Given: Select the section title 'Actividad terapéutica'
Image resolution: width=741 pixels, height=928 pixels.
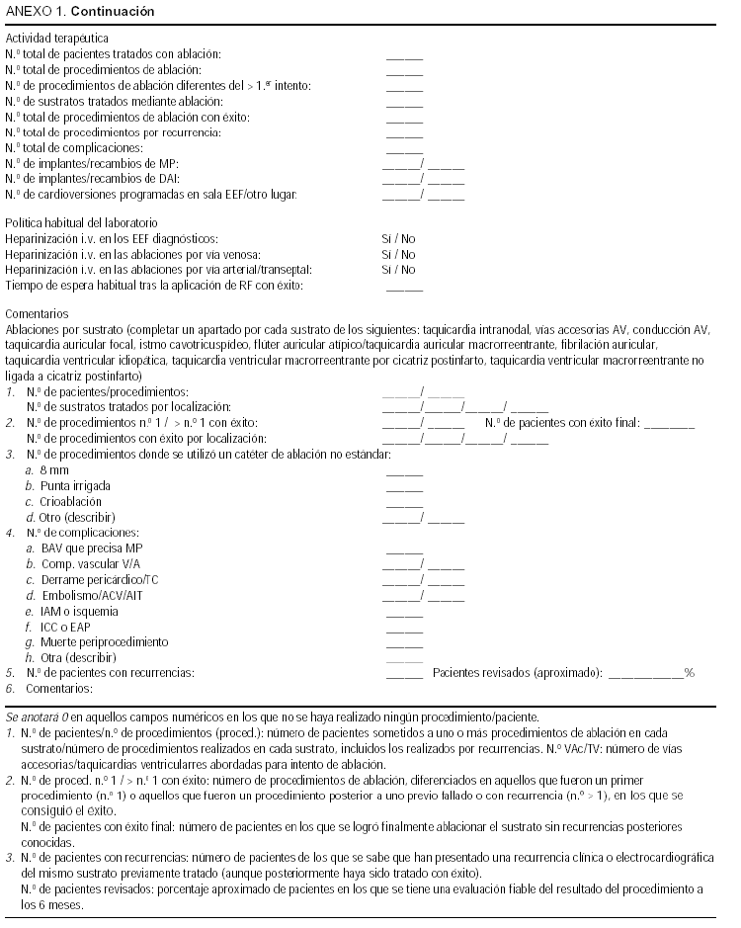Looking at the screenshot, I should (x=57, y=38).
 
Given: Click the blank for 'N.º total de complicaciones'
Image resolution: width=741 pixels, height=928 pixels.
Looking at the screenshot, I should (x=404, y=149).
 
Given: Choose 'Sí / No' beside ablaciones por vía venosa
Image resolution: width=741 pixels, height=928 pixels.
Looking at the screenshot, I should (x=398, y=255).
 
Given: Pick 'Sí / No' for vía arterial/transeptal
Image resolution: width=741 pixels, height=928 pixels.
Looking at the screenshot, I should (x=398, y=270).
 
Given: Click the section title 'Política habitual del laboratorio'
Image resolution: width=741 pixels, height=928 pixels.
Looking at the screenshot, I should (x=81, y=224).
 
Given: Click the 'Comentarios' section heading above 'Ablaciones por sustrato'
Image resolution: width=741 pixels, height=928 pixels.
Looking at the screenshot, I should (x=39, y=311).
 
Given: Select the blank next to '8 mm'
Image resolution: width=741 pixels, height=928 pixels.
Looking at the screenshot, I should (x=404, y=472).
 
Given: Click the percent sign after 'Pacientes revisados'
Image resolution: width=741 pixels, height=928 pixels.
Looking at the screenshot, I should (x=691, y=673).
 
